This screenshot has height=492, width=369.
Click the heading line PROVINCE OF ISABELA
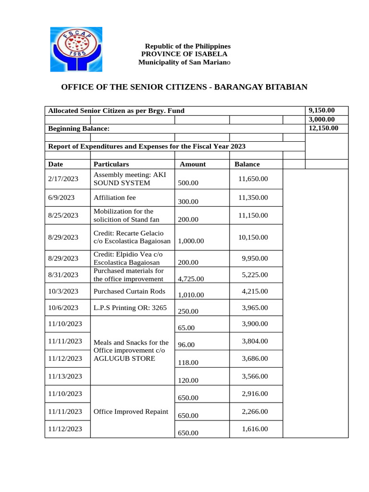pyautogui.click(x=184, y=54)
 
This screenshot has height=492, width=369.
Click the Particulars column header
pyautogui.click(x=111, y=164)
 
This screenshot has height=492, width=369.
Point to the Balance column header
pyautogui.click(x=247, y=164)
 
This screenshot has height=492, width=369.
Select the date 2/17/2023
pyautogui.click(x=63, y=179)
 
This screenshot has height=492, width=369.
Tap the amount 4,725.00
pyautogui.click(x=191, y=279)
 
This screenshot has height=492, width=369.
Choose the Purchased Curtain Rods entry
pyautogui.click(x=129, y=291)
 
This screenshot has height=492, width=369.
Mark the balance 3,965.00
pyautogui.click(x=255, y=307)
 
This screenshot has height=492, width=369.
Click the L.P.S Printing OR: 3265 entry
pyautogui.click(x=130, y=307)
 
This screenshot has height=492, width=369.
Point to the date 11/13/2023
pyautogui.click(x=65, y=376)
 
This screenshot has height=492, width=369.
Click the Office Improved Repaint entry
pyautogui.click(x=131, y=411)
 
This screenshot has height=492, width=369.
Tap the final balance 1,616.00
pyautogui.click(x=255, y=429)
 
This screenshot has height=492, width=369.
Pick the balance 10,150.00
pyautogui.click(x=253, y=237)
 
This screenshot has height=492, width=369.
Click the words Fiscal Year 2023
pyautogui.click(x=225, y=146)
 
